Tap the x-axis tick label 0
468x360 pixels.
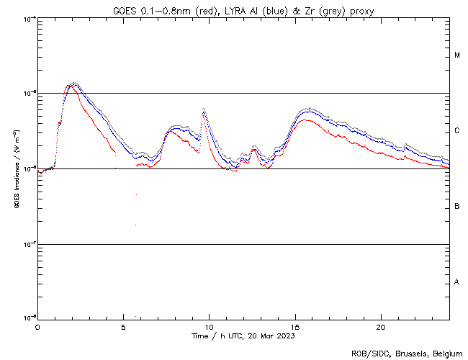pyautogui.click(x=37, y=326)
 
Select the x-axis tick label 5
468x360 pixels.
pyautogui.click(x=123, y=326)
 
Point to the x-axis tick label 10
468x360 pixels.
pyautogui.click(x=209, y=326)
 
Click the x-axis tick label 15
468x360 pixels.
pyautogui.click(x=295, y=326)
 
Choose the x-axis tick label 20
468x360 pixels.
pyautogui.click(x=381, y=326)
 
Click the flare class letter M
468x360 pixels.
pyautogui.click(x=457, y=55)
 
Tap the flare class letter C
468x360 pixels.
pyautogui.click(x=457, y=131)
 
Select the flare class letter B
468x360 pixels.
pyautogui.click(x=457, y=207)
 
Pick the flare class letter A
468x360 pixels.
pyautogui.click(x=457, y=282)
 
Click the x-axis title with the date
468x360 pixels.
pyautogui.click(x=243, y=336)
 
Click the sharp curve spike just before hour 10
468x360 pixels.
pyautogui.click(x=204, y=109)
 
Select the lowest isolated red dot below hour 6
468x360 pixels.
pyautogui.click(x=135, y=225)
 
